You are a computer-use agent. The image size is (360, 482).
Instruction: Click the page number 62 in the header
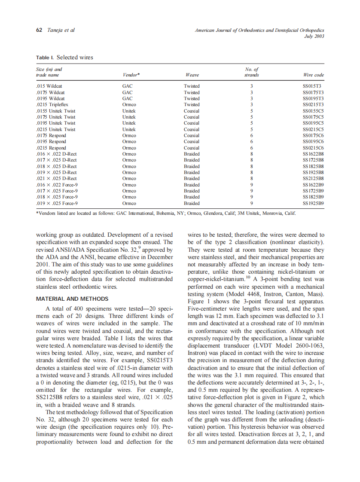coord(39,30)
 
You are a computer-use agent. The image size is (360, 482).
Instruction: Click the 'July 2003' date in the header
coord(314,36)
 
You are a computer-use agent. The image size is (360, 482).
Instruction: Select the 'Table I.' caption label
coord(45,58)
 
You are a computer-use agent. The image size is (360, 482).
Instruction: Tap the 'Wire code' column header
coord(313,75)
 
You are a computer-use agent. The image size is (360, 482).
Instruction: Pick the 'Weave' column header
coord(192,75)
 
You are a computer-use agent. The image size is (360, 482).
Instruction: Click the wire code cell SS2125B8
coord(313,178)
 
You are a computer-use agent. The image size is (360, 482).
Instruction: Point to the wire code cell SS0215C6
coord(313,148)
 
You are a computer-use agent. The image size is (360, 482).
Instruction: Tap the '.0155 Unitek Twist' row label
coord(56,111)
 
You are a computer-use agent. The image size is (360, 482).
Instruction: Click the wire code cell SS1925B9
coord(313,203)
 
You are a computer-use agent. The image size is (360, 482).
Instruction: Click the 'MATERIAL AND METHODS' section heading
coord(72,299)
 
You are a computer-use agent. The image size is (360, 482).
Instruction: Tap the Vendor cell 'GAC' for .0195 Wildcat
coord(127,98)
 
